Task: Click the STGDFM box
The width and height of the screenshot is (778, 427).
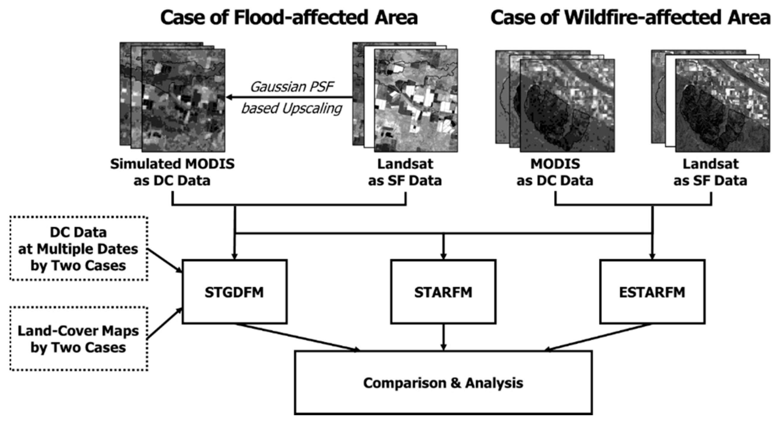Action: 234,292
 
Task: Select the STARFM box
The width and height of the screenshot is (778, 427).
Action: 443,292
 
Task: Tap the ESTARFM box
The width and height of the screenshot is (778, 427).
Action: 652,292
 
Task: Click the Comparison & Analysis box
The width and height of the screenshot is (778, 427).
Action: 443,383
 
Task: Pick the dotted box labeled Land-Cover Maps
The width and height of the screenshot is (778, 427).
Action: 78,339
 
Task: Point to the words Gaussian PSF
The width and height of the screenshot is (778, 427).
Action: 292,87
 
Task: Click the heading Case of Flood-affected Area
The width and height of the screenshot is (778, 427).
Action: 289,18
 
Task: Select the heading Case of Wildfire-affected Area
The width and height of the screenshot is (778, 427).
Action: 630,18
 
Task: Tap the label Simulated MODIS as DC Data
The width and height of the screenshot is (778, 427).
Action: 172,172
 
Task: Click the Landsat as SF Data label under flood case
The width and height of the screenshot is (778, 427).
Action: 405,172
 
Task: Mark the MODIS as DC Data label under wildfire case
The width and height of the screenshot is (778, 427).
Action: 555,172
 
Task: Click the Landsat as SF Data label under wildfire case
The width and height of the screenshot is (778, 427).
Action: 710,172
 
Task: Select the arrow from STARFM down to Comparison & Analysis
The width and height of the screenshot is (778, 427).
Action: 443,337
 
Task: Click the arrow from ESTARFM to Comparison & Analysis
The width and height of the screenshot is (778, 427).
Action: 598,337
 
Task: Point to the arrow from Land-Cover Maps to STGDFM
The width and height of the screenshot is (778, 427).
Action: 165,324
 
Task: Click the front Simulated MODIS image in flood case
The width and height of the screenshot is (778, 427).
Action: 183,101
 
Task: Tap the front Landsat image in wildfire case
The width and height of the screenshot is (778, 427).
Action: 722,106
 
